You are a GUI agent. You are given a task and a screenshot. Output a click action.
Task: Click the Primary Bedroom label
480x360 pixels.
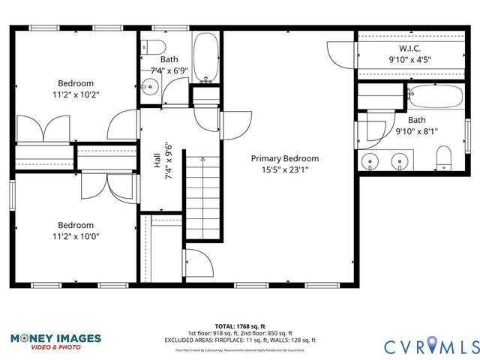tap(284, 158)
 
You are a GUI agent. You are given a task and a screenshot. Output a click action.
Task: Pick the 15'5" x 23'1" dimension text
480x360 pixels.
tap(284, 169)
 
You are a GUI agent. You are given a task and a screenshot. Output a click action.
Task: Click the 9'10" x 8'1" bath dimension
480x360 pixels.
tap(417, 131)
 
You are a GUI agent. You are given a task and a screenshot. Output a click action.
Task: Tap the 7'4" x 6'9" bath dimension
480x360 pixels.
tap(169, 70)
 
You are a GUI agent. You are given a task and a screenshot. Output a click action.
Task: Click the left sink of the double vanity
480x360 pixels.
tap(370, 160)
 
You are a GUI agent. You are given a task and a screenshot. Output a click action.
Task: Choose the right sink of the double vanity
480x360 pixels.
tap(400, 160)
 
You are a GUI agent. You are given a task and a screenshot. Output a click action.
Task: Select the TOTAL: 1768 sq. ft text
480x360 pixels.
tap(240, 327)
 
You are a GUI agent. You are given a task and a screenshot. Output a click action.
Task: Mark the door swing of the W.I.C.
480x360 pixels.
tap(339, 52)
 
